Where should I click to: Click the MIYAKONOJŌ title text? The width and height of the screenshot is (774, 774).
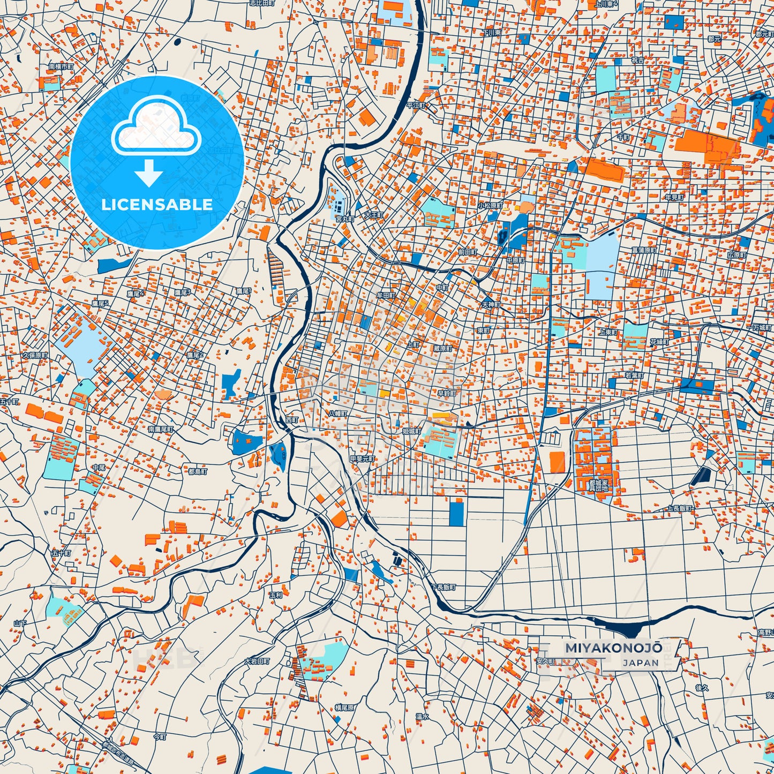point(613,648)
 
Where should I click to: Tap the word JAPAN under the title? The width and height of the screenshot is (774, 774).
point(641,663)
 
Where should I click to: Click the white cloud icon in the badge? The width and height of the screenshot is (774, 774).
point(156,127)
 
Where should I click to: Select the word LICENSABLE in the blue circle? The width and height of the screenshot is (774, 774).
point(157,205)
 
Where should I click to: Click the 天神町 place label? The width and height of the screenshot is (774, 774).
point(490,305)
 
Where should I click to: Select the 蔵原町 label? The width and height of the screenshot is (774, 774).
point(443,348)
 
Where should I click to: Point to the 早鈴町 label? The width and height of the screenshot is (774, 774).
point(446,393)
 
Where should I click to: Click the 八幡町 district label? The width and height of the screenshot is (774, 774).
point(338,414)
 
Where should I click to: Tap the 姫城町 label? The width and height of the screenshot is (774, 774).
point(412,431)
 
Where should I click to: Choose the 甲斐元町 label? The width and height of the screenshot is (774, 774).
point(362,459)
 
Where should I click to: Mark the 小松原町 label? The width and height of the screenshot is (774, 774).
point(490,206)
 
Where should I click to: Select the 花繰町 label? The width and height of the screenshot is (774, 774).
point(659,341)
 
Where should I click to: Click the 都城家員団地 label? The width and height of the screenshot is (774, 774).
point(598,485)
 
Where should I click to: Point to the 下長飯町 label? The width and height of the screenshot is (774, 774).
point(443,587)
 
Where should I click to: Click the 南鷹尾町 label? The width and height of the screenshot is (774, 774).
point(161,430)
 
